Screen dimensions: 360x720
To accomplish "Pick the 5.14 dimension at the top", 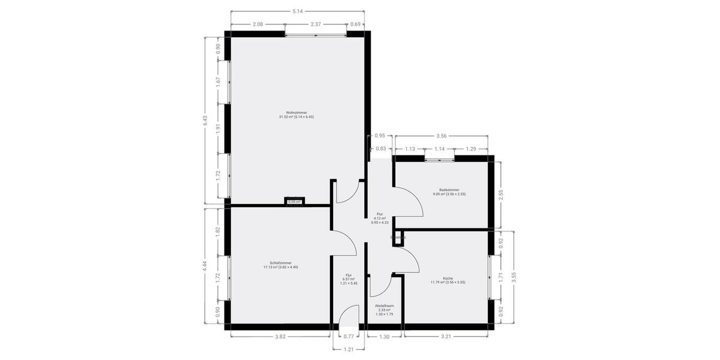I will coord(298,11).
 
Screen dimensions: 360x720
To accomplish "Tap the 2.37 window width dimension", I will coord(316,25).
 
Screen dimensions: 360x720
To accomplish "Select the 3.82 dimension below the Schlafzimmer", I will coord(280,337).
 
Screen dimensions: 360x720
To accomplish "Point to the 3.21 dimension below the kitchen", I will coord(446,337).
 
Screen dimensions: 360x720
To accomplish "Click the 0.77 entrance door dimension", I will coord(348,337).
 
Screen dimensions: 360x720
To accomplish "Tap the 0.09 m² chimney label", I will coord(294,202).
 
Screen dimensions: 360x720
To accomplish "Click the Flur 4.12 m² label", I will coord(380,218).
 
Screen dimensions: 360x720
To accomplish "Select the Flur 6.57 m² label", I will coord(348,280).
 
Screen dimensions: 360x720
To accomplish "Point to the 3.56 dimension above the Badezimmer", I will coord(441,136).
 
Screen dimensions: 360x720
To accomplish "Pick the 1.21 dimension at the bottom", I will coord(348,349).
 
